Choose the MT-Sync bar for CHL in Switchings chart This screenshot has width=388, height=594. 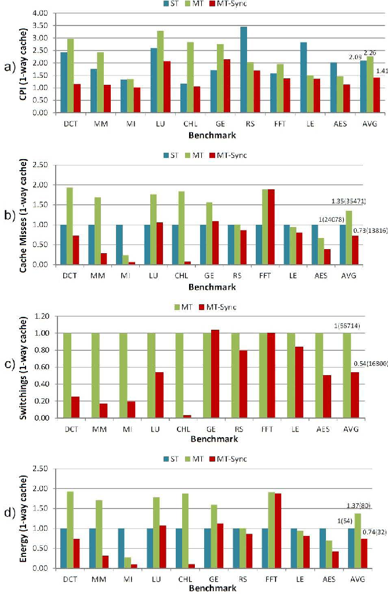(187, 416)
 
